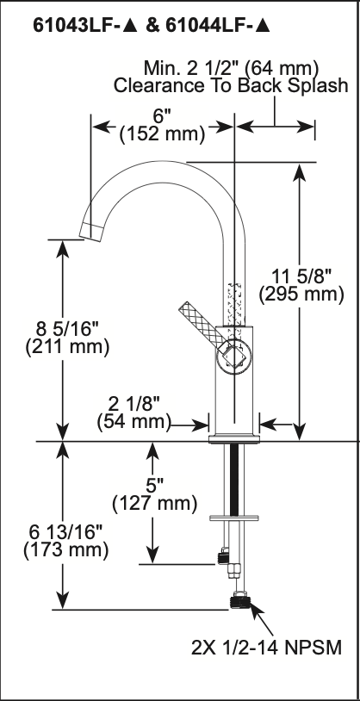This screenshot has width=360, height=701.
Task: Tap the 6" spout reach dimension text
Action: coord(162,117)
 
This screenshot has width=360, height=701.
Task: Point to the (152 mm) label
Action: coord(162,133)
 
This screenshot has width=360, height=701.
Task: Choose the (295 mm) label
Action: coord(301,295)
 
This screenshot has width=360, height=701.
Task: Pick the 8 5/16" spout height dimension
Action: coord(67,331)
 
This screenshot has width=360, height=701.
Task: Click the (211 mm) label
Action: coord(67,348)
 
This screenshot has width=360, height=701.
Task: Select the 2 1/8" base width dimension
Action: coord(133,405)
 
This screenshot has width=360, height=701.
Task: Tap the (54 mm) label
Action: coord(134,422)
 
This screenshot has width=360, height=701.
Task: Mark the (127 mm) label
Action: coord(155,504)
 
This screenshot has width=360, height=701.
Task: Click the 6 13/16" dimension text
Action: coord(66,533)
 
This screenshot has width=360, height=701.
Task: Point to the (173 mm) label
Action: coord(65,550)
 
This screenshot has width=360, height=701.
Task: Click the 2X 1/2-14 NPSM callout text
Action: coord(266,647)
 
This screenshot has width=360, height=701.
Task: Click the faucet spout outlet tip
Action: coord(91,231)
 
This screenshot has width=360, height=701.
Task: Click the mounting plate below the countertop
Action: coord(234,518)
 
